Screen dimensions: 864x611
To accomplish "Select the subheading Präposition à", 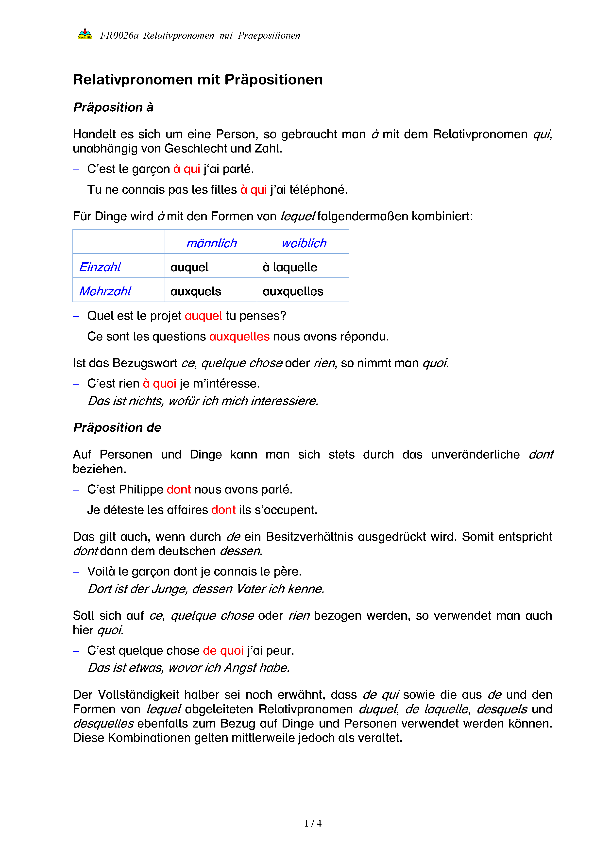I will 113,107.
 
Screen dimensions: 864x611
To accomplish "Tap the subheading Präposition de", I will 117,427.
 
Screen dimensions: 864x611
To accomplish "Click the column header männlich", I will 211,243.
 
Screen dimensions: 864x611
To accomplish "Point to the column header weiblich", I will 304,243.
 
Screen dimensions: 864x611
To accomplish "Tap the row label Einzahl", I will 100,267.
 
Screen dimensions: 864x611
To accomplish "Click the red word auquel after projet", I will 203,316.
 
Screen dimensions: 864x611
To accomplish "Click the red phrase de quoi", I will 223,651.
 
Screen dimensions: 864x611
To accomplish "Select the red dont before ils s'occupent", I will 223,510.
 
